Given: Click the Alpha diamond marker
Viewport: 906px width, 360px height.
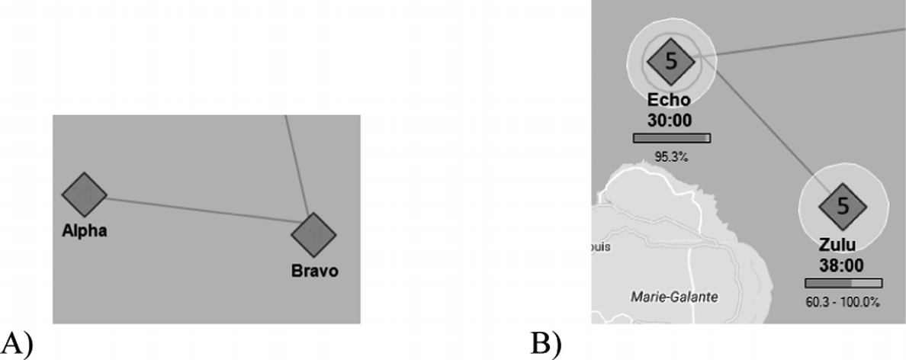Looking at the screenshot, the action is (84, 195).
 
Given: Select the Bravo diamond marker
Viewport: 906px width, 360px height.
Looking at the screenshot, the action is (313, 235).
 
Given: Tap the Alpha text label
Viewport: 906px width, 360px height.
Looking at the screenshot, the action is (84, 231).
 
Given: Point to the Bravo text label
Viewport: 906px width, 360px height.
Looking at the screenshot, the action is (314, 271).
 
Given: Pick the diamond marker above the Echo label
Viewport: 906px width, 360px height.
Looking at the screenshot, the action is (670, 62).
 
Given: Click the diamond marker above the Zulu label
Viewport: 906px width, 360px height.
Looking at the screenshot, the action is (843, 206).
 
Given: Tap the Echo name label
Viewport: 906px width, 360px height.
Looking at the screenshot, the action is (669, 100).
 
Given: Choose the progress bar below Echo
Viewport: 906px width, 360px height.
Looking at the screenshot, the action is (671, 138).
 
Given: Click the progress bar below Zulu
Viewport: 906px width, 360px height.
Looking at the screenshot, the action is (843, 283).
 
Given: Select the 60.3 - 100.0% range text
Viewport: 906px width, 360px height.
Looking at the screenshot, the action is (843, 302).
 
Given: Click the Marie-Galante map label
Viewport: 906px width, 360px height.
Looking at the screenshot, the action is (674, 295).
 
